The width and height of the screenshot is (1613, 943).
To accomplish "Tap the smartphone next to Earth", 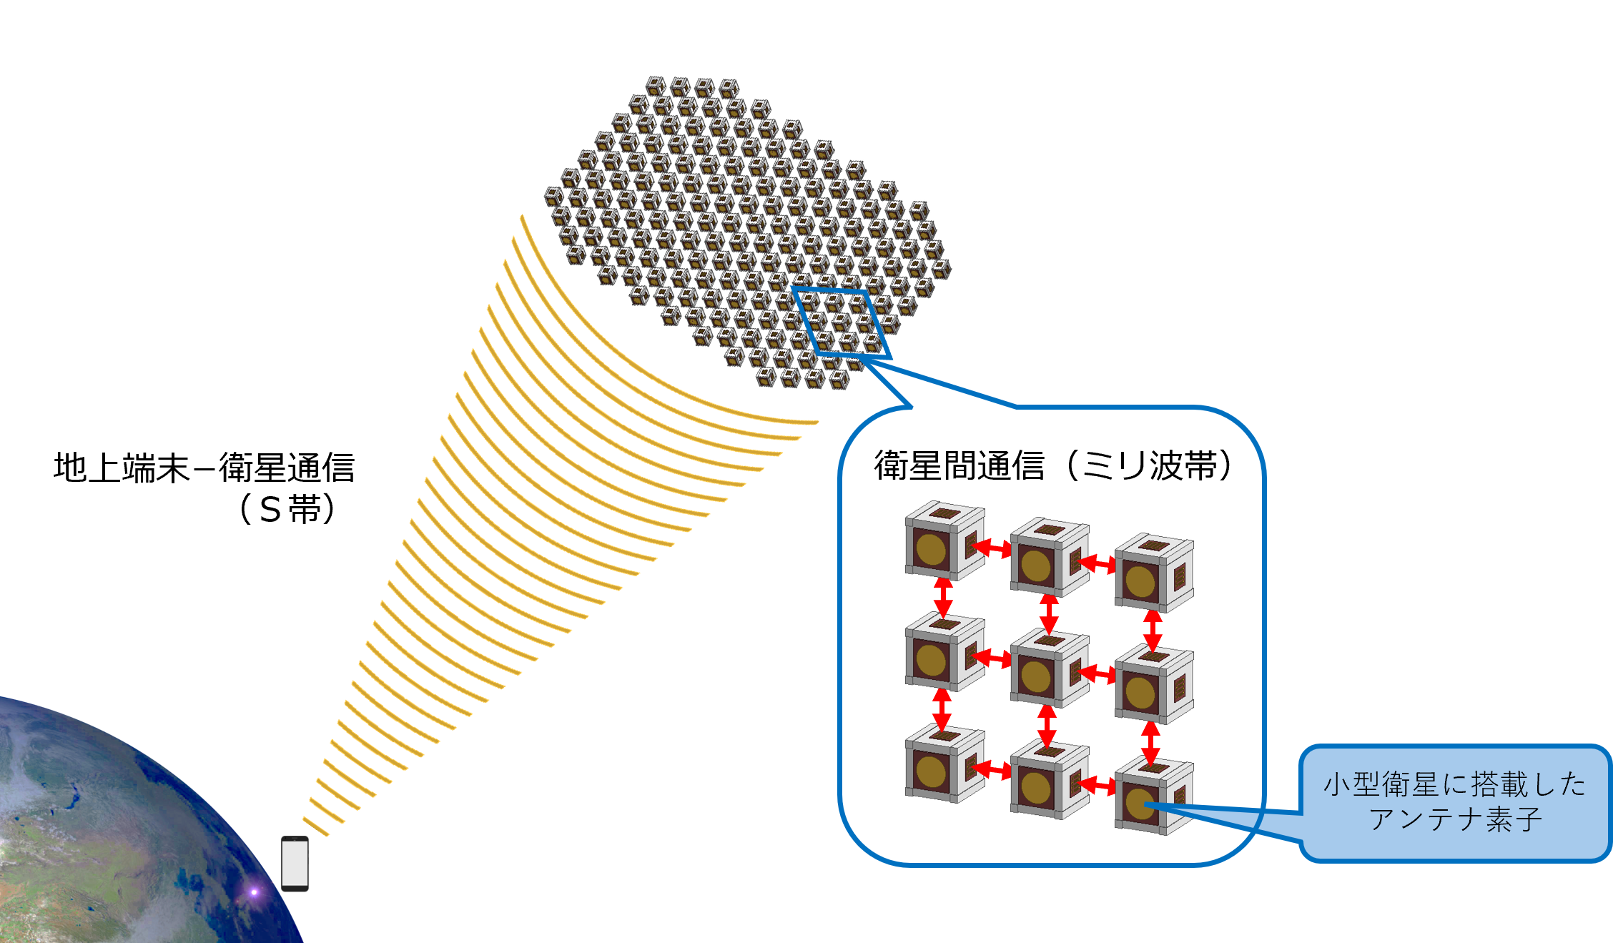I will coord(295,864).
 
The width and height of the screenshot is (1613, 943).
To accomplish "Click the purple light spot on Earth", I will coord(254,892).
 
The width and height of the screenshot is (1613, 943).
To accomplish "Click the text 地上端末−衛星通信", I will coord(204,468).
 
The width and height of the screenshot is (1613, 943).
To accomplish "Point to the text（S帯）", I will coord(287,509).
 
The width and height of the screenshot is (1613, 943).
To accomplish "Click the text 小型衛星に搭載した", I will coord(1454,784).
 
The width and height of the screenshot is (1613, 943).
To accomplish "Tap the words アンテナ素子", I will coord(1454,819).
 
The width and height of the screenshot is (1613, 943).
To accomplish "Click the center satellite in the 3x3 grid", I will coord(1048,668).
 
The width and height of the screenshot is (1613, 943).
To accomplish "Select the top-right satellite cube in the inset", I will coord(1153,573).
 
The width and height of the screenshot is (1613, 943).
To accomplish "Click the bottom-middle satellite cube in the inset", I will coord(1048,780).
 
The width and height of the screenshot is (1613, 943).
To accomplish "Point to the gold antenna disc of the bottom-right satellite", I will coord(1140,804).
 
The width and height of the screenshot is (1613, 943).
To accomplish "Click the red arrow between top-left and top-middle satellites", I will coord(992,548).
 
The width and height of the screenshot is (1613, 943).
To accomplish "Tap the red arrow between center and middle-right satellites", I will coord(1097,673).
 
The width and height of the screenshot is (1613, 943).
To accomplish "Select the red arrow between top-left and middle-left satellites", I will coord(943,596).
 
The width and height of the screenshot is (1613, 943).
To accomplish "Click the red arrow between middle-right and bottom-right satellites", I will coord(1150,741).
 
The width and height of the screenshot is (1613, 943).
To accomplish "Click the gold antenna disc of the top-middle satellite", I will coord(1035,566).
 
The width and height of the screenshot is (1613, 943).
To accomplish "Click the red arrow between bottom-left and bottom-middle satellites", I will coord(992,769).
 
